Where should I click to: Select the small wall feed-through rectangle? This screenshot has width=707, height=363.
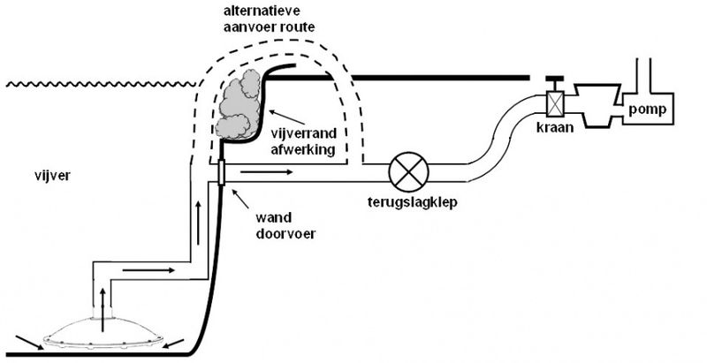(220, 173)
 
